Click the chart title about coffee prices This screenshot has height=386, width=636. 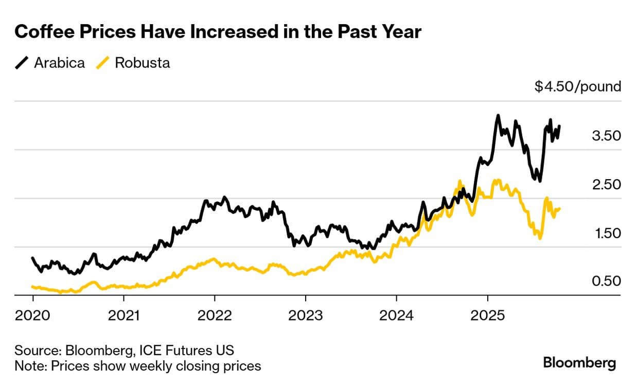click(218, 32)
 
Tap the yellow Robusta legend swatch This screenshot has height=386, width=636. click(103, 63)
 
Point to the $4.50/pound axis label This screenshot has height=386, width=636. click(578, 86)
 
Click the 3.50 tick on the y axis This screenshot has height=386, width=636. click(607, 136)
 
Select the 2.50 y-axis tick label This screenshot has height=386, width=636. click(607, 184)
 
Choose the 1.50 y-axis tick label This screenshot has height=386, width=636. click(607, 233)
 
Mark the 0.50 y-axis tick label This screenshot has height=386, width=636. click(607, 281)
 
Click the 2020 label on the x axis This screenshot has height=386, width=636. click(32, 315)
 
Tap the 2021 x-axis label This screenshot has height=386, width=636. click(123, 315)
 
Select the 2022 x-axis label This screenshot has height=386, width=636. click(215, 315)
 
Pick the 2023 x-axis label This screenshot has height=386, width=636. click(305, 315)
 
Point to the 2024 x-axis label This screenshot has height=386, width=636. click(396, 315)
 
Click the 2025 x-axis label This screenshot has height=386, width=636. click(487, 315)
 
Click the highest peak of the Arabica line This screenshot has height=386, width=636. click(498, 116)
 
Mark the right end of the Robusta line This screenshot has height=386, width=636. click(559, 208)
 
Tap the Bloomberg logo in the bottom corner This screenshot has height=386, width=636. click(579, 363)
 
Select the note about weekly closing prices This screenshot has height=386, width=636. click(137, 366)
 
